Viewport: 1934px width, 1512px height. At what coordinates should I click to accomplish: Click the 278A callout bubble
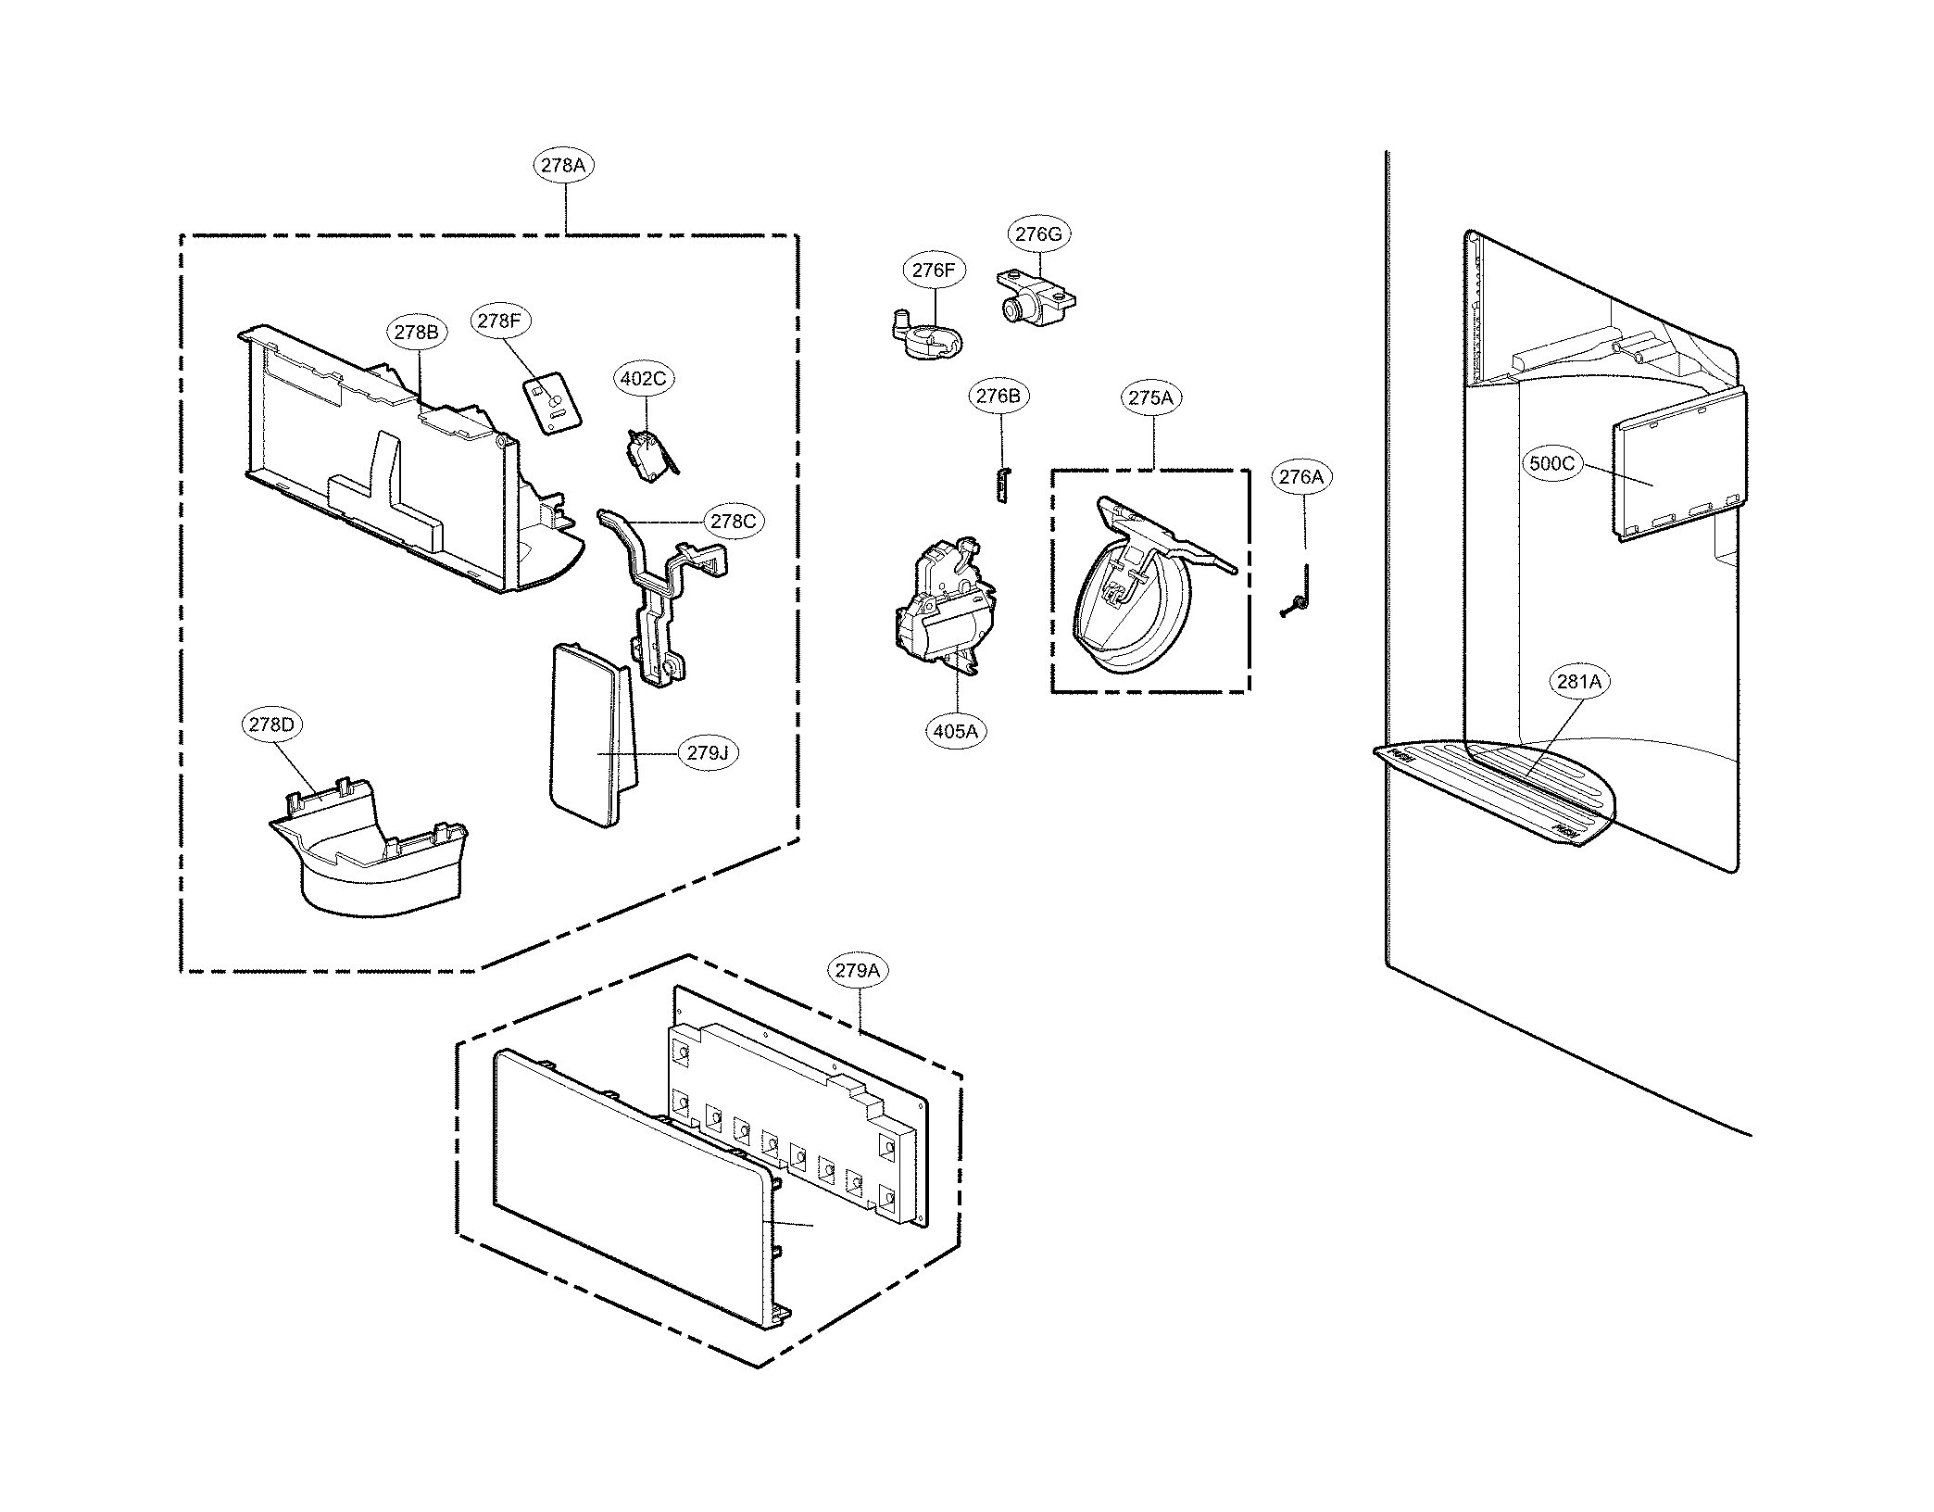click(563, 166)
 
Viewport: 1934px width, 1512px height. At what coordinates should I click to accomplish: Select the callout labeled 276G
click(1037, 234)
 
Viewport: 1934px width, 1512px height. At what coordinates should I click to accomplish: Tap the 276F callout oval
click(932, 271)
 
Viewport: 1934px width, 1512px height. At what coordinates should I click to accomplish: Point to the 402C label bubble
click(645, 378)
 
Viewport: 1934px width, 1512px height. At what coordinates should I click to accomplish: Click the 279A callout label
click(857, 971)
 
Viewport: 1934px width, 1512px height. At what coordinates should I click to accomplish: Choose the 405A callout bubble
click(955, 731)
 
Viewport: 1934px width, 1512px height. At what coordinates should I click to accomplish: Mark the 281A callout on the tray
click(1578, 682)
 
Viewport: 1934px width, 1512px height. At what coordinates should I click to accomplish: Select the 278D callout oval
click(271, 724)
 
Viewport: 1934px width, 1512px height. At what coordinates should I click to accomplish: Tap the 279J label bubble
click(709, 753)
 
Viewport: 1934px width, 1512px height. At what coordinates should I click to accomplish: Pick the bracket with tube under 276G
click(1036, 297)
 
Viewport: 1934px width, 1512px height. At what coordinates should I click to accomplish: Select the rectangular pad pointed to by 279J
click(590, 737)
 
